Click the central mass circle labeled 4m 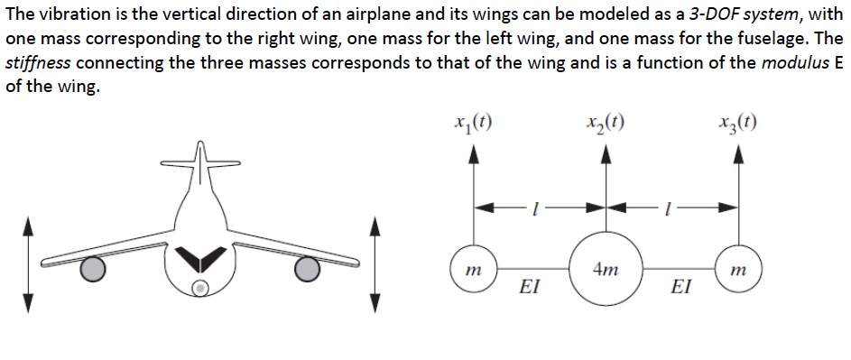[x=606, y=267]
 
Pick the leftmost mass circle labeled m [x=473, y=269]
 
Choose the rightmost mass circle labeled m [x=738, y=269]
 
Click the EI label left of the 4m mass [x=530, y=289]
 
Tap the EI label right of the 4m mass [x=682, y=289]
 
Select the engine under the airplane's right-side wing [x=310, y=267]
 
